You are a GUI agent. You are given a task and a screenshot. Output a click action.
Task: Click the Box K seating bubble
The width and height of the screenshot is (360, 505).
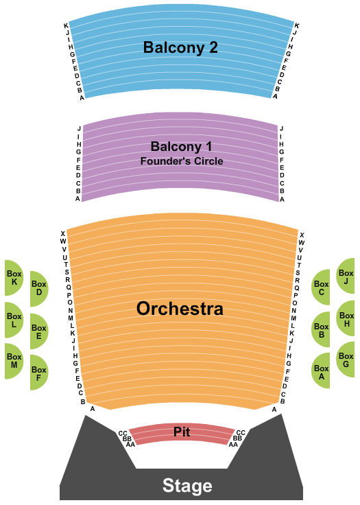pos(14,278)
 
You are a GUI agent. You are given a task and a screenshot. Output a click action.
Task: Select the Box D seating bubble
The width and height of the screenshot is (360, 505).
pos(39,288)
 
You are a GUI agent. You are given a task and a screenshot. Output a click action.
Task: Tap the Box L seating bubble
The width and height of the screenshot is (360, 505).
pos(14,320)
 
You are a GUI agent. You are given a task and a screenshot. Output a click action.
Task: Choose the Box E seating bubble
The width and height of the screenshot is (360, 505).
pos(39,331)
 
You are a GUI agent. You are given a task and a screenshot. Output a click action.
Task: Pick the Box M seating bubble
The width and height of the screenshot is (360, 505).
pos(14,361)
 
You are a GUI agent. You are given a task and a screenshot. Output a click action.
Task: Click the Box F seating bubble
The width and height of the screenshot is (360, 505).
pos(39,373)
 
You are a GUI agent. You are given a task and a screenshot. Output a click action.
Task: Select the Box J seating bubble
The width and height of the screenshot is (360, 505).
pos(346,277)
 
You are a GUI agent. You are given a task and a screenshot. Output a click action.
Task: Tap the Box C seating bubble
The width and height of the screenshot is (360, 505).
pos(321,287)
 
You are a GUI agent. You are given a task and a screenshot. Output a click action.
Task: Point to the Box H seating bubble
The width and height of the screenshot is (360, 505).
pos(346,319)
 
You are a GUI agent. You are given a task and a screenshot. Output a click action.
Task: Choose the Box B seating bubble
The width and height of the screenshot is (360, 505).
pos(321,330)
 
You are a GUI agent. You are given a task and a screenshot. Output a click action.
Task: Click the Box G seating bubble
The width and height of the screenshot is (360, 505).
pos(346,360)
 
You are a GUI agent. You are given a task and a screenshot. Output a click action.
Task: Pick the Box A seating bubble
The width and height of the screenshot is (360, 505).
pos(321,371)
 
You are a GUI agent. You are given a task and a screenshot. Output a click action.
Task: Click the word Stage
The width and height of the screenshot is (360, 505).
pos(187,485)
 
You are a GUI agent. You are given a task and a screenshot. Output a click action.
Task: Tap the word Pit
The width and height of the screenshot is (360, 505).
pos(182,432)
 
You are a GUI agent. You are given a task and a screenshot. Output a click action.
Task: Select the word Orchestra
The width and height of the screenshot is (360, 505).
pos(180,309)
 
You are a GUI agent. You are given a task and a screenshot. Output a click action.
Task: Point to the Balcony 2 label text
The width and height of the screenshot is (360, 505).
pos(180,47)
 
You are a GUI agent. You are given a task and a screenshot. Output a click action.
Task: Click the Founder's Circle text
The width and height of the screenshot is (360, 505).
pos(182,161)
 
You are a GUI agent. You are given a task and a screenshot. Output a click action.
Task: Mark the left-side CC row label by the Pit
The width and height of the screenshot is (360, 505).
pos(123,434)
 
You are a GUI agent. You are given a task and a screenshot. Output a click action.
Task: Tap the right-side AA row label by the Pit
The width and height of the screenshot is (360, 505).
pos(233,445)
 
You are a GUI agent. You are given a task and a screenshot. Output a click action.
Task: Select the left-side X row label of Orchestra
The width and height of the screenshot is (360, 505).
pos(63,233)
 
